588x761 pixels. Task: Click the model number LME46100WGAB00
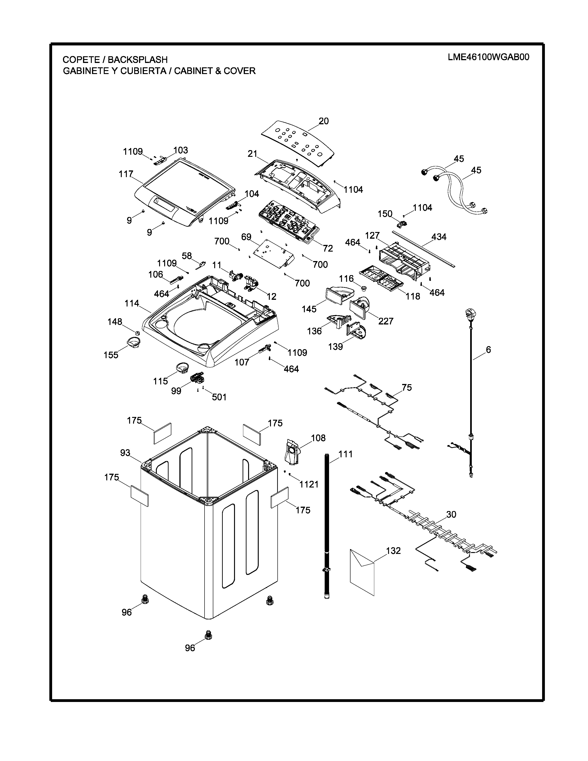(x=488, y=57)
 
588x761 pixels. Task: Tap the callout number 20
(x=324, y=121)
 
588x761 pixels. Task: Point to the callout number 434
(x=439, y=237)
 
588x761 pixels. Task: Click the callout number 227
(x=386, y=321)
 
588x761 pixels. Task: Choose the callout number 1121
(x=309, y=484)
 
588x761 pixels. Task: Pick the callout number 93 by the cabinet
(x=125, y=453)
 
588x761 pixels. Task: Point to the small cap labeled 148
(x=137, y=333)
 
